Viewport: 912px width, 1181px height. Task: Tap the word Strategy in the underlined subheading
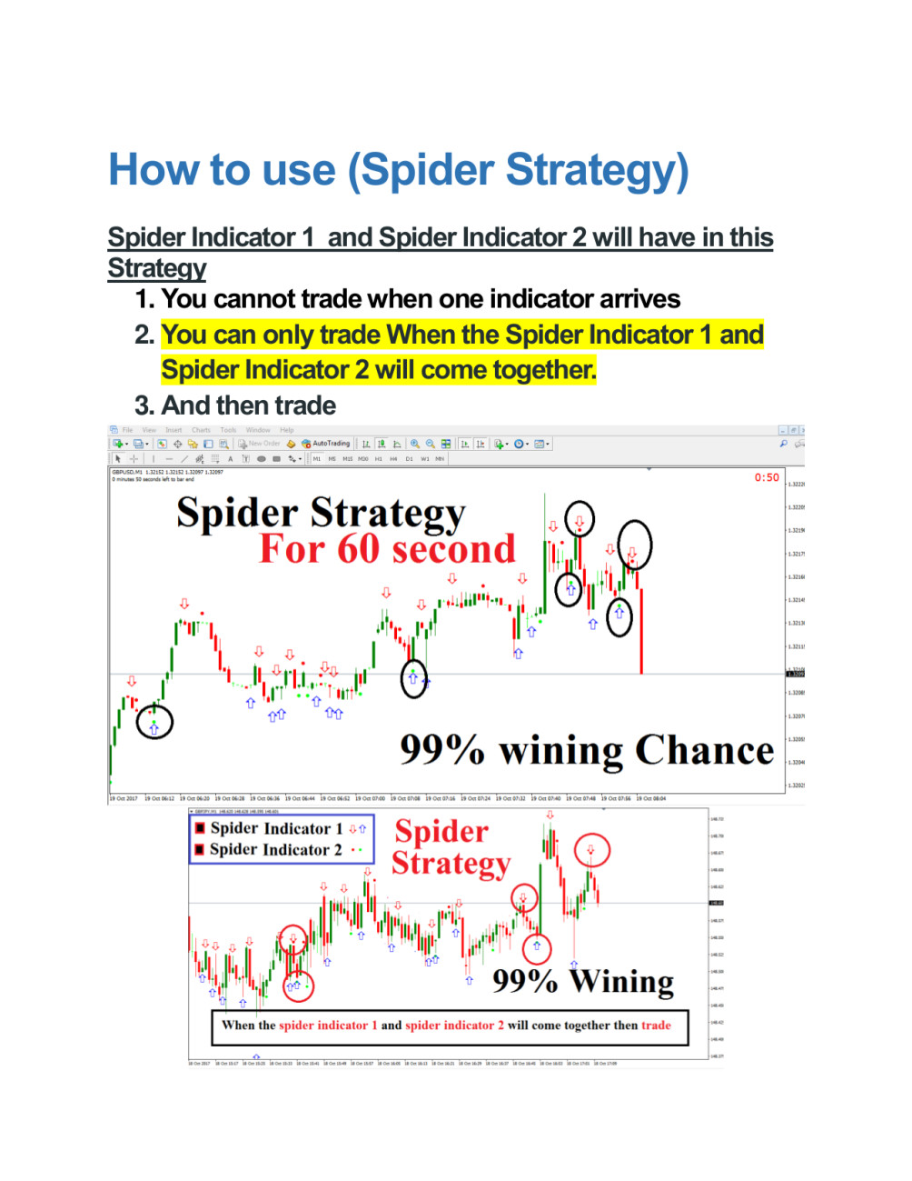coord(157,268)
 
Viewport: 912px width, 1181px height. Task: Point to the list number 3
coord(144,405)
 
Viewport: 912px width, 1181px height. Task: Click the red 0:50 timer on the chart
coord(767,477)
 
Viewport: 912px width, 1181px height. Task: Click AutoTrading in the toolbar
coord(331,444)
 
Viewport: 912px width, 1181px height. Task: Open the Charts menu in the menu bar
coord(201,430)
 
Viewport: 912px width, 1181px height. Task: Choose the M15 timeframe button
coord(347,459)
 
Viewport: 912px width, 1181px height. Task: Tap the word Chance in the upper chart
coord(704,751)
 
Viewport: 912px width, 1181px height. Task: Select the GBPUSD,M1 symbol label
coord(126,473)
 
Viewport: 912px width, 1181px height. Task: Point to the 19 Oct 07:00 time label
coord(370,799)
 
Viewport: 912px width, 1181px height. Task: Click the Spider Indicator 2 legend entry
coord(275,850)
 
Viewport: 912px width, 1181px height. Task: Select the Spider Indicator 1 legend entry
coord(275,828)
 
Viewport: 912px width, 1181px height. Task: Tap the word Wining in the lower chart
coord(622,982)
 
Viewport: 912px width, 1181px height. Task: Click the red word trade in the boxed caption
coord(656,1026)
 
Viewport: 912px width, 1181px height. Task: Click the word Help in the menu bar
coord(287,430)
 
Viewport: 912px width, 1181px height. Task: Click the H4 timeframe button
coord(393,459)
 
